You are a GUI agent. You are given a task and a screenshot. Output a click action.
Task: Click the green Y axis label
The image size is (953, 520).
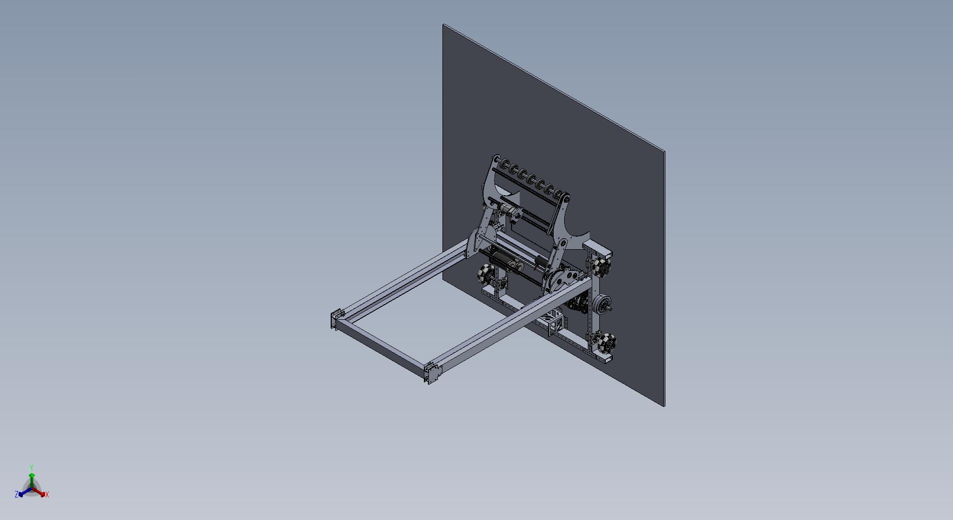click(32, 467)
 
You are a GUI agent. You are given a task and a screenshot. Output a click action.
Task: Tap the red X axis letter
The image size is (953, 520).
click(47, 494)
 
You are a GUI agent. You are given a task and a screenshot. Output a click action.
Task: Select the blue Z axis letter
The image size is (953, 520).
click(17, 494)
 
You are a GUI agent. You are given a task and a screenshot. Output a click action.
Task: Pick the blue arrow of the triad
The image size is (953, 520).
click(24, 492)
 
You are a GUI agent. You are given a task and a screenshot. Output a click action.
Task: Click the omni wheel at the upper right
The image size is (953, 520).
click(601, 264)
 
